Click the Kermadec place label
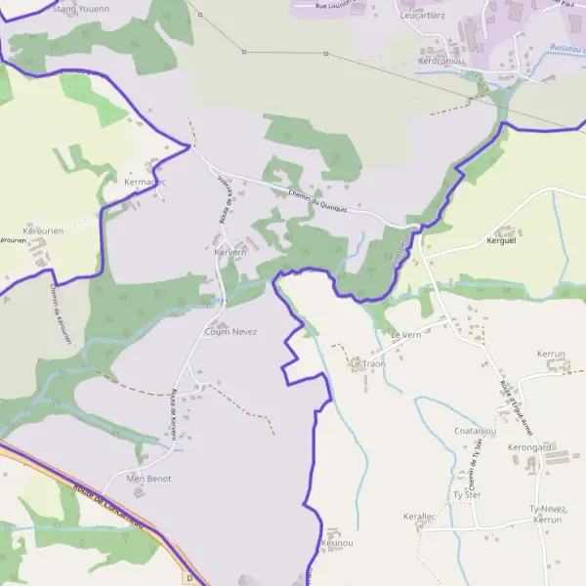[x=146, y=182]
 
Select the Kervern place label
[x=230, y=252]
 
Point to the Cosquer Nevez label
[x=230, y=332]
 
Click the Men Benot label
[x=149, y=479]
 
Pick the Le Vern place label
[x=404, y=335]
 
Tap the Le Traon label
[x=368, y=364]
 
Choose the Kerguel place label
[x=500, y=240]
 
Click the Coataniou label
[x=477, y=431]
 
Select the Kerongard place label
[x=530, y=447]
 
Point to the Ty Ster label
[x=467, y=495]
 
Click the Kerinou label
[x=336, y=542]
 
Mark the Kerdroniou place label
[x=441, y=61]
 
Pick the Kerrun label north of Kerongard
[x=551, y=353]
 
